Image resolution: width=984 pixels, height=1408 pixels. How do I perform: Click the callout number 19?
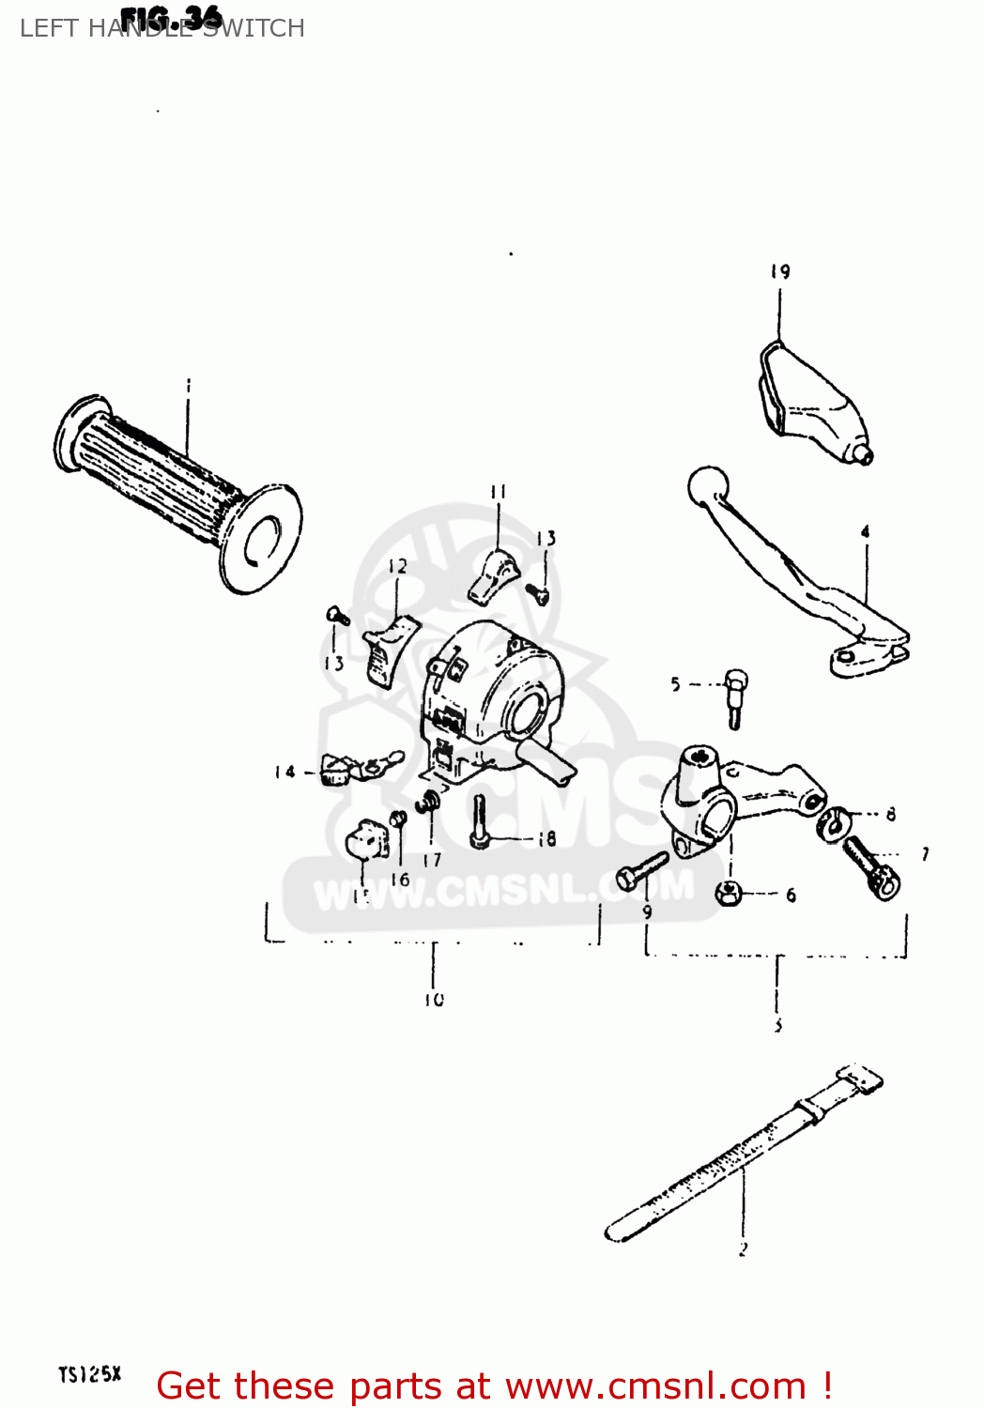pos(780,272)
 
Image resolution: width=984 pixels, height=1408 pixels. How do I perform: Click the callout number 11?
pos(498,491)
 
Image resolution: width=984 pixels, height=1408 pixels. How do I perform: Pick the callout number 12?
pos(398,566)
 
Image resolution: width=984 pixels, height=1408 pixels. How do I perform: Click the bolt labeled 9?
pos(640,870)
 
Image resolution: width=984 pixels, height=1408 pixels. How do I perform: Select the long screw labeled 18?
pos(480,821)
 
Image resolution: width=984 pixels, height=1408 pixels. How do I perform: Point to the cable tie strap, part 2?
pos(742,1154)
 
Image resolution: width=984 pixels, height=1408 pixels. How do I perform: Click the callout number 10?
pos(433,1000)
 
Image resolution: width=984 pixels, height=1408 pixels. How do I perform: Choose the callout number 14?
pos(284,772)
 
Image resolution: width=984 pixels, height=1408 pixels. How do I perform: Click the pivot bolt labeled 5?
pos(735,698)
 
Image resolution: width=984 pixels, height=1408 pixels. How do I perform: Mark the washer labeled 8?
pos(832,823)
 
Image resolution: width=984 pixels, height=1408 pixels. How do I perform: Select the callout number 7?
pos(926,853)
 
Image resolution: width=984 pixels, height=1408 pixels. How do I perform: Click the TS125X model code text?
pos(89,1375)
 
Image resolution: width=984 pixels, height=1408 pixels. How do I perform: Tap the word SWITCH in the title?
pos(254,28)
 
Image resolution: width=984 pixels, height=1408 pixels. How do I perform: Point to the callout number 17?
pos(432,859)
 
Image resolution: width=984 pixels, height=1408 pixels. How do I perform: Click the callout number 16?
pos(400,880)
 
